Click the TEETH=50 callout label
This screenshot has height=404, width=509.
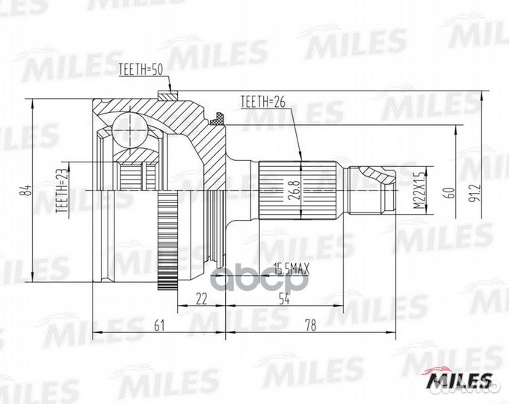tap(141, 71)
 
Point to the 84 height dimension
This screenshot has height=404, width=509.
tap(25, 192)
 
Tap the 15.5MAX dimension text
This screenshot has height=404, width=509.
tap(292, 268)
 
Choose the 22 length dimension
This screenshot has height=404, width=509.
tap(201, 299)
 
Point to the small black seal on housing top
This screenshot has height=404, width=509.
tap(219, 118)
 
